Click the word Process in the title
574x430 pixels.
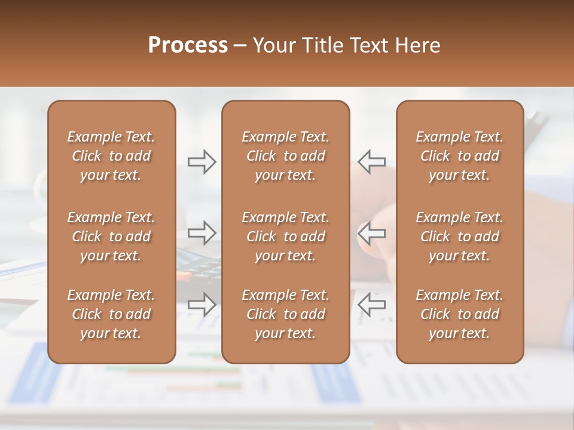pyautogui.click(x=188, y=45)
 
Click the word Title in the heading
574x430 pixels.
pyautogui.click(x=323, y=45)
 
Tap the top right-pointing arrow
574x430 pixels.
pyautogui.click(x=202, y=162)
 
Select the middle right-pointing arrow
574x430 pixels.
pyautogui.click(x=202, y=233)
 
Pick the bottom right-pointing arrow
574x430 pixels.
pyautogui.click(x=202, y=305)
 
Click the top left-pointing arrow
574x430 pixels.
pyautogui.click(x=371, y=162)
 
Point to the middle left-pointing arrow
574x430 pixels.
pyautogui.click(x=371, y=233)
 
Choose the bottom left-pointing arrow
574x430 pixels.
pyautogui.click(x=371, y=305)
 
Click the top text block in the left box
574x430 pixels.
pyautogui.click(x=111, y=156)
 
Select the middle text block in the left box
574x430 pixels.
pyautogui.click(x=111, y=236)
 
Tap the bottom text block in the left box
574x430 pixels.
pyautogui.click(x=111, y=314)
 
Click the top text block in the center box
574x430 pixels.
pyautogui.click(x=285, y=156)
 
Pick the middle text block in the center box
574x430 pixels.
pyautogui.click(x=285, y=236)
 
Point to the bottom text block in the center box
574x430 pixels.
pyautogui.click(x=285, y=314)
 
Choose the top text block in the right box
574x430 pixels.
pyautogui.click(x=459, y=156)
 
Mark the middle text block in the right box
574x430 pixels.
pyautogui.click(x=459, y=236)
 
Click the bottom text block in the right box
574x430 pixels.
pyautogui.click(x=459, y=314)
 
